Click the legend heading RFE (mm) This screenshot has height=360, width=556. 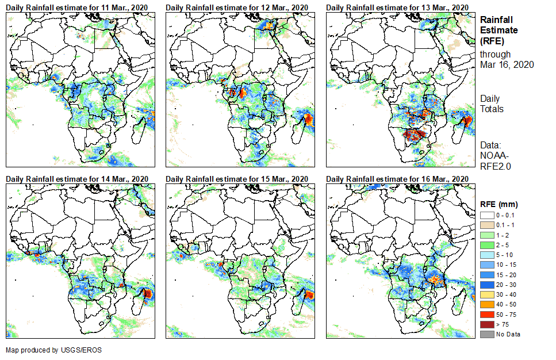[499, 204]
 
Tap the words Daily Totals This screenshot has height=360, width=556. [492, 104]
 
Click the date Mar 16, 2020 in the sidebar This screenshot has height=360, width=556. [507, 64]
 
